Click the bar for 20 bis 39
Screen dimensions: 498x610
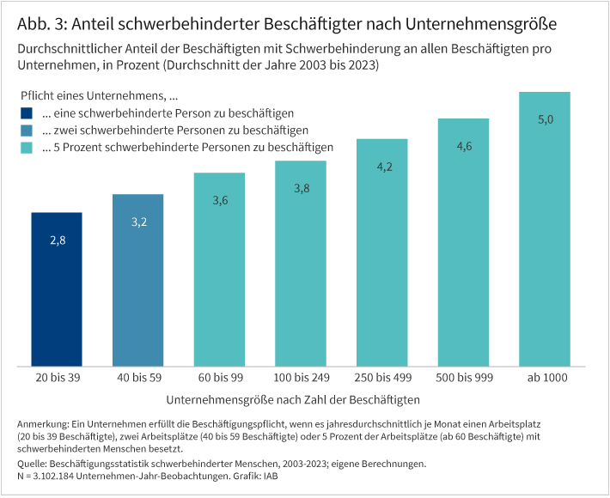tap(57, 288)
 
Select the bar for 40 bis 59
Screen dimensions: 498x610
tap(137, 280)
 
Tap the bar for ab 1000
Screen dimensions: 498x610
tap(545, 228)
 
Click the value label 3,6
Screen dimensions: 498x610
tap(219, 200)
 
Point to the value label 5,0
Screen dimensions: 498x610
tap(545, 119)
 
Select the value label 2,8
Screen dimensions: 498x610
tap(57, 240)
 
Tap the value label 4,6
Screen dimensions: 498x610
tap(464, 146)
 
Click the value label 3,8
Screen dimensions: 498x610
tap(301, 188)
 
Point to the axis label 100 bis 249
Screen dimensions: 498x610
tap(301, 377)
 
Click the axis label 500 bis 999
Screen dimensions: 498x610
tap(464, 377)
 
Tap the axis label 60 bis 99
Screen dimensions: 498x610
tap(219, 377)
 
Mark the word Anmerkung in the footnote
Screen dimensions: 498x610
tap(43, 425)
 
